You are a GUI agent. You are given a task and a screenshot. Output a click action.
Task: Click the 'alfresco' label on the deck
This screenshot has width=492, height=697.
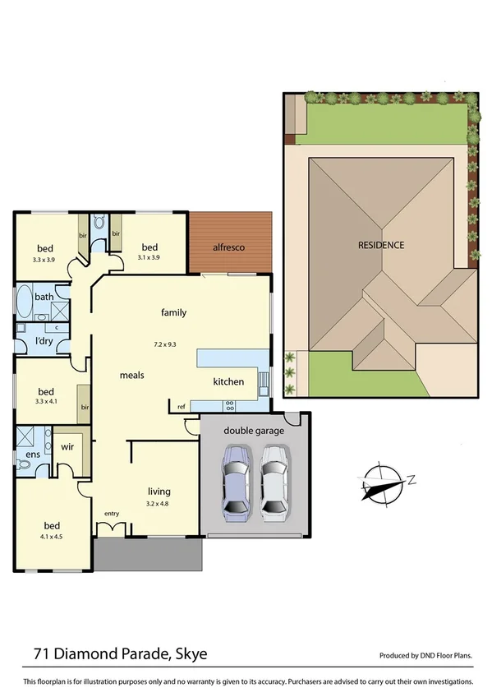[x=229, y=247]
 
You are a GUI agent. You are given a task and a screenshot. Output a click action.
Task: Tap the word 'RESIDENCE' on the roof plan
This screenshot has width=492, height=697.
[x=380, y=245]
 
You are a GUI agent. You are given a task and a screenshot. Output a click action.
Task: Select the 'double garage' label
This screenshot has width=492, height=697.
[x=253, y=431]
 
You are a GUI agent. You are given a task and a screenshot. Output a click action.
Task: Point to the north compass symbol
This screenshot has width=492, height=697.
[x=383, y=482]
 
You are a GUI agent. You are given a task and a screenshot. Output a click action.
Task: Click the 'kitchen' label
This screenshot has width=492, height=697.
[x=229, y=382]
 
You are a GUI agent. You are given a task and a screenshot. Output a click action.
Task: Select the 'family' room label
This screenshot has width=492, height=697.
[x=173, y=312]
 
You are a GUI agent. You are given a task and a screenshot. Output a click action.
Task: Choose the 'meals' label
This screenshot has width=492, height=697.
[x=132, y=375]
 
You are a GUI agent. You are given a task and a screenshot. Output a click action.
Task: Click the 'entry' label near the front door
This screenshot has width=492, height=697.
[x=113, y=514]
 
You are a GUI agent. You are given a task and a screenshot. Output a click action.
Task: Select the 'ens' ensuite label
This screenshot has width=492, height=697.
[x=33, y=454]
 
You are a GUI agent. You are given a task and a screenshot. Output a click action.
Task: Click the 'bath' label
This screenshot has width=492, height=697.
[x=44, y=297]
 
